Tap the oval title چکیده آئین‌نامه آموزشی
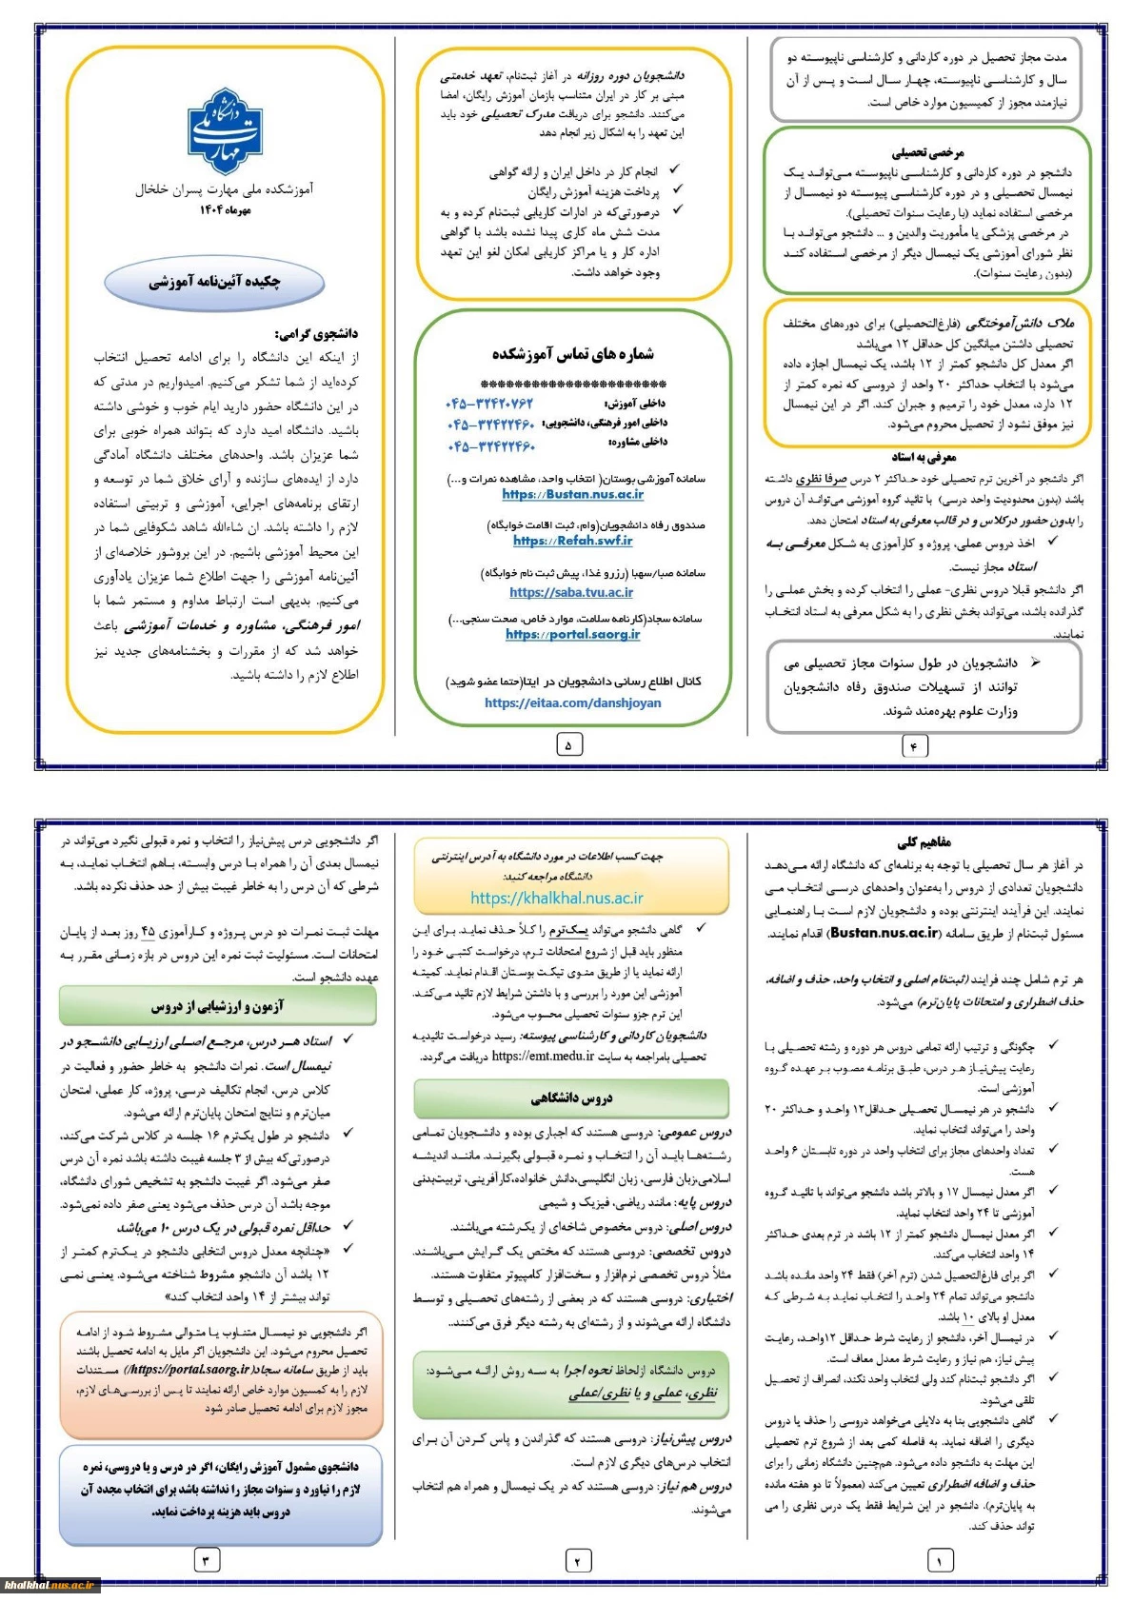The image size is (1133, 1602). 214,282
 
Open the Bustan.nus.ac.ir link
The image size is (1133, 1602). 572,495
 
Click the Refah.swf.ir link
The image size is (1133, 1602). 572,541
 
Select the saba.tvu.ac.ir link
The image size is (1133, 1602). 571,592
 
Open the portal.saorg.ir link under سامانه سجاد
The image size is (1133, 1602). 572,635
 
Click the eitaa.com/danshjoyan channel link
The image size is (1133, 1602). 572,703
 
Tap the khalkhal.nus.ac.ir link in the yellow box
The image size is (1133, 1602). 557,898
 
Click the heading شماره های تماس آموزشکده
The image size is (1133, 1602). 572,354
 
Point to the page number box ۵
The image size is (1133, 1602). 568,744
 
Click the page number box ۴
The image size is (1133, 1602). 914,746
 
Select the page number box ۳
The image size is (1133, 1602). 206,1560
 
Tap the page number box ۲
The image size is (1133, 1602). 578,1560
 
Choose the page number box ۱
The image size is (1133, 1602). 940,1560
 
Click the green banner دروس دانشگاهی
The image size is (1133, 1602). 571,1098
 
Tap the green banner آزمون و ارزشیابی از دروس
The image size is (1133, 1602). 218,1006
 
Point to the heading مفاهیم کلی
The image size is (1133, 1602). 923,842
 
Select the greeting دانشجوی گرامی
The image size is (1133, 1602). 316,334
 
